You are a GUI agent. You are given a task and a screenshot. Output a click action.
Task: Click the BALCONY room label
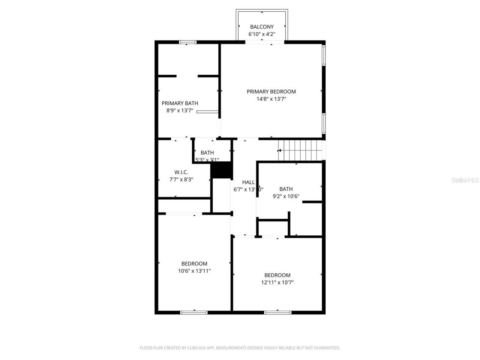(262, 27)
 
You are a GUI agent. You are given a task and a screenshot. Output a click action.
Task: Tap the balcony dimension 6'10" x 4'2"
(262, 34)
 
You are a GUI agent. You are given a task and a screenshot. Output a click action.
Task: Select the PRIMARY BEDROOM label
(271, 91)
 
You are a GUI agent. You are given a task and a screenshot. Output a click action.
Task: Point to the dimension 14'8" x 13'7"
(271, 99)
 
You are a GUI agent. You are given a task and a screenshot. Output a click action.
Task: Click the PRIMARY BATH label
(180, 103)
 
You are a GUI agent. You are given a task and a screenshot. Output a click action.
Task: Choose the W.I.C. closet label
(181, 172)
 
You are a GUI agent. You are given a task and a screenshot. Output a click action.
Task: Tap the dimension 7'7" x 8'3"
(181, 180)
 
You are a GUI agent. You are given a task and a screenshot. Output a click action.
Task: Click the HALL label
(248, 182)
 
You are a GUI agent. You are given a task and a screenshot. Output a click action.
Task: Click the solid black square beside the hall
(221, 170)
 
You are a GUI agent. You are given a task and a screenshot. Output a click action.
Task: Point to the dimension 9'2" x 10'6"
(286, 196)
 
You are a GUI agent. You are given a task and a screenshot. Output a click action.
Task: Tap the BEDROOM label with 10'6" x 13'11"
(194, 264)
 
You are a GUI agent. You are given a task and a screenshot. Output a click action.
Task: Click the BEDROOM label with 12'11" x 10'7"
(277, 275)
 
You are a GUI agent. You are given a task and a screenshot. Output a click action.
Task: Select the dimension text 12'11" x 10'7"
(277, 283)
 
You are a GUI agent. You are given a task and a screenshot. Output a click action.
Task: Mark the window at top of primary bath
(188, 42)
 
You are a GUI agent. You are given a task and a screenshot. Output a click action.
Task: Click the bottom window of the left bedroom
(194, 312)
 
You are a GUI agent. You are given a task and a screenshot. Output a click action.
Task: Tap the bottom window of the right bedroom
(277, 312)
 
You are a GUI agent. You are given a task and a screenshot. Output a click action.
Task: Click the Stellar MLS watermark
(465, 180)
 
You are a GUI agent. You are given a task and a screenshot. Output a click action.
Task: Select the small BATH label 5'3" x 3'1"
(207, 153)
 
